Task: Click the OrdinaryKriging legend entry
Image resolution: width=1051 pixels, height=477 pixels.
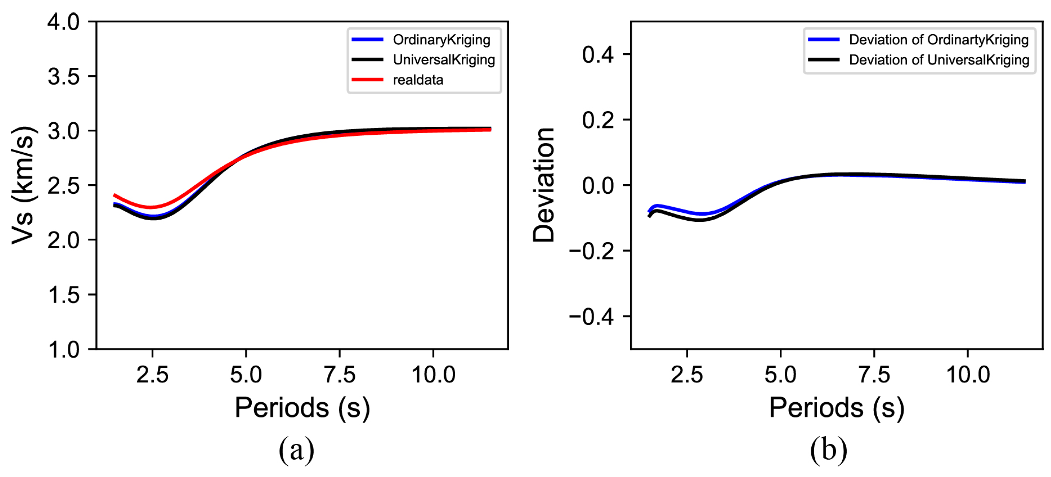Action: pos(441,40)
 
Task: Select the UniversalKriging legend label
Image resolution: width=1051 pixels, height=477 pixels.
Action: pos(444,60)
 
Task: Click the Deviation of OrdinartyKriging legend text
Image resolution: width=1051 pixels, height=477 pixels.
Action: pos(938,40)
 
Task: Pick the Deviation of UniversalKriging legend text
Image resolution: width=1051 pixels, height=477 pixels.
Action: pos(939,60)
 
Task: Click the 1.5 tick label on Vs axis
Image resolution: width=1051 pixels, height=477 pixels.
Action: pos(64,295)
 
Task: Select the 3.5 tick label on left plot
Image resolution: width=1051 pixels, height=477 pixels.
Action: pos(64,76)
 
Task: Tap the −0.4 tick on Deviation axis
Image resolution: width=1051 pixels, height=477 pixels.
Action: pos(591,317)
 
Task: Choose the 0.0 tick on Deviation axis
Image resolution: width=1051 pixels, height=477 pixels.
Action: pos(598,186)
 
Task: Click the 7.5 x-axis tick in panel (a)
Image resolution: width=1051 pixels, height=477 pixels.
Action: pos(339,374)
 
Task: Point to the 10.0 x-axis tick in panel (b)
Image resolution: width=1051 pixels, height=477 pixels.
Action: pos(968,374)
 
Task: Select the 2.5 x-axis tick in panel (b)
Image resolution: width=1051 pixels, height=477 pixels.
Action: pos(687,374)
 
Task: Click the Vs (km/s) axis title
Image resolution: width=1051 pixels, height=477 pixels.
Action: pos(23,186)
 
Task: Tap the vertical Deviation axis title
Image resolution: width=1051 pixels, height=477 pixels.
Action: pos(544,186)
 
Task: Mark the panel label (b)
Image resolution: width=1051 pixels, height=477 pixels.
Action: pos(828,450)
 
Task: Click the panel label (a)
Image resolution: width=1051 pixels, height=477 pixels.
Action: pos(296,450)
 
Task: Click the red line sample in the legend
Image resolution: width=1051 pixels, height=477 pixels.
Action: pos(367,80)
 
